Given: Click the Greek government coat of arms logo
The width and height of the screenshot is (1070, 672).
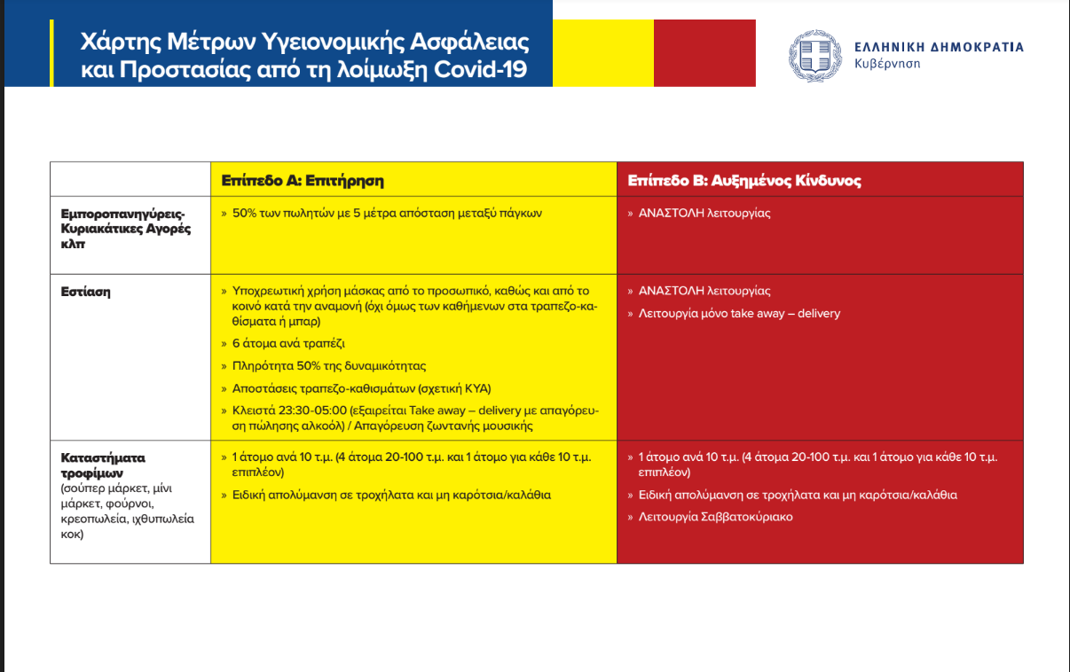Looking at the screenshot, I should coord(814,55).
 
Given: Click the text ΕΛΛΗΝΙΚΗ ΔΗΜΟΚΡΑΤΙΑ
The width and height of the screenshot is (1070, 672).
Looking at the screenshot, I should coord(939,47).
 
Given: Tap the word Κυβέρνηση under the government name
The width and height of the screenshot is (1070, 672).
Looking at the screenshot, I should coord(887,64).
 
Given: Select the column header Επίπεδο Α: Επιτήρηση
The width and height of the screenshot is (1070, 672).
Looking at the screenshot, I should coord(302,181).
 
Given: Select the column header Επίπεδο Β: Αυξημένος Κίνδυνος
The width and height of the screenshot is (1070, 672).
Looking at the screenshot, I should coord(743,181).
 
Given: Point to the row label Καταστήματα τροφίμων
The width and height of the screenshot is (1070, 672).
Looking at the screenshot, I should coord(103,464).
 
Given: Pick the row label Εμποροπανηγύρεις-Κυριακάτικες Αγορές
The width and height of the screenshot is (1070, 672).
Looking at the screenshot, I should coord(122,221).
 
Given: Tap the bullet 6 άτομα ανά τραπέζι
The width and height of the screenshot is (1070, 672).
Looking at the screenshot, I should coord(288,342).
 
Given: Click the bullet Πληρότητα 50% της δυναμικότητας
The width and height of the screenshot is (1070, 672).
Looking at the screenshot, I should coord(329,365).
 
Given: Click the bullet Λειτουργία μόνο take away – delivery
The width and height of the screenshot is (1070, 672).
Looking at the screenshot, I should coord(739,313).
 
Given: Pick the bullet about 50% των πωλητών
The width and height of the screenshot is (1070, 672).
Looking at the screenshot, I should coord(386,213).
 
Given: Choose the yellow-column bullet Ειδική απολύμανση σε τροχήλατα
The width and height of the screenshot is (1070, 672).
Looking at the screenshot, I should coord(391,495).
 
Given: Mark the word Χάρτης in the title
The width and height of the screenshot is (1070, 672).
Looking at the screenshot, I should coord(114,42).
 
